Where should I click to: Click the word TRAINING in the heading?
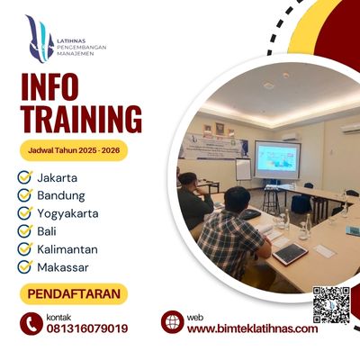[x=81, y=118]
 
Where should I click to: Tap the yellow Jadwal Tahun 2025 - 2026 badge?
[x=74, y=148]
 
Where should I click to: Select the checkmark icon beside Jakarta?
[x=25, y=177]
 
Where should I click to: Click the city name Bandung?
[x=62, y=195]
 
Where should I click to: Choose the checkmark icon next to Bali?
[x=25, y=231]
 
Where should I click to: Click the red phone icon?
[x=31, y=322]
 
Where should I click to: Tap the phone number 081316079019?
[x=86, y=328]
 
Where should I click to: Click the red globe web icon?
[x=172, y=322]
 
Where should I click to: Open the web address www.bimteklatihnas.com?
[x=252, y=328]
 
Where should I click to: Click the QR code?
[x=330, y=303]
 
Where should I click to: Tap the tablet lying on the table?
[x=290, y=253]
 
